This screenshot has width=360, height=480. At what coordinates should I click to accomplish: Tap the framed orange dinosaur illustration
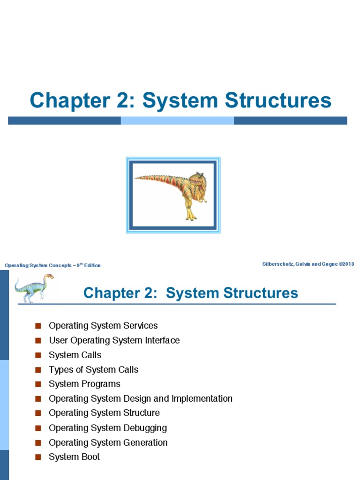click(173, 195)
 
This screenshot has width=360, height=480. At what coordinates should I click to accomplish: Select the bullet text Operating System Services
click(103, 326)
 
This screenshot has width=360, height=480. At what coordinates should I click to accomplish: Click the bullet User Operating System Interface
click(114, 340)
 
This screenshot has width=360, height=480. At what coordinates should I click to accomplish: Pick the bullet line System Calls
click(75, 355)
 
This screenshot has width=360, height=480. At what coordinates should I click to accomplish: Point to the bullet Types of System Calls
click(93, 369)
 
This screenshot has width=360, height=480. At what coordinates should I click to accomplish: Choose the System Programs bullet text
click(84, 384)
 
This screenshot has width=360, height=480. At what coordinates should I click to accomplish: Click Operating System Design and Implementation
click(141, 398)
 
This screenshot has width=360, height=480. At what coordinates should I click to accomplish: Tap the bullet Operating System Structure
click(104, 413)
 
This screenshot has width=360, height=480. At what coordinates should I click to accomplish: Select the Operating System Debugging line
click(108, 428)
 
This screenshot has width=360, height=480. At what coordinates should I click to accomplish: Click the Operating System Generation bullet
click(108, 442)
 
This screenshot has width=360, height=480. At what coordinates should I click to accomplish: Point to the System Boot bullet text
click(74, 457)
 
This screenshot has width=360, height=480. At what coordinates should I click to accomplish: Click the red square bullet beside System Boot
click(38, 457)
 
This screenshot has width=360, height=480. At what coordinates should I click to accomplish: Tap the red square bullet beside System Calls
click(38, 355)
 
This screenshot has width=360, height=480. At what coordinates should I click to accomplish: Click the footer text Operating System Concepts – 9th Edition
click(52, 265)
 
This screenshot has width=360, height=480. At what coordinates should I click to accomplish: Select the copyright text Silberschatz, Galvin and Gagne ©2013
click(308, 264)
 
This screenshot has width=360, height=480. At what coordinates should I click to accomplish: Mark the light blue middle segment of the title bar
click(177, 120)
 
